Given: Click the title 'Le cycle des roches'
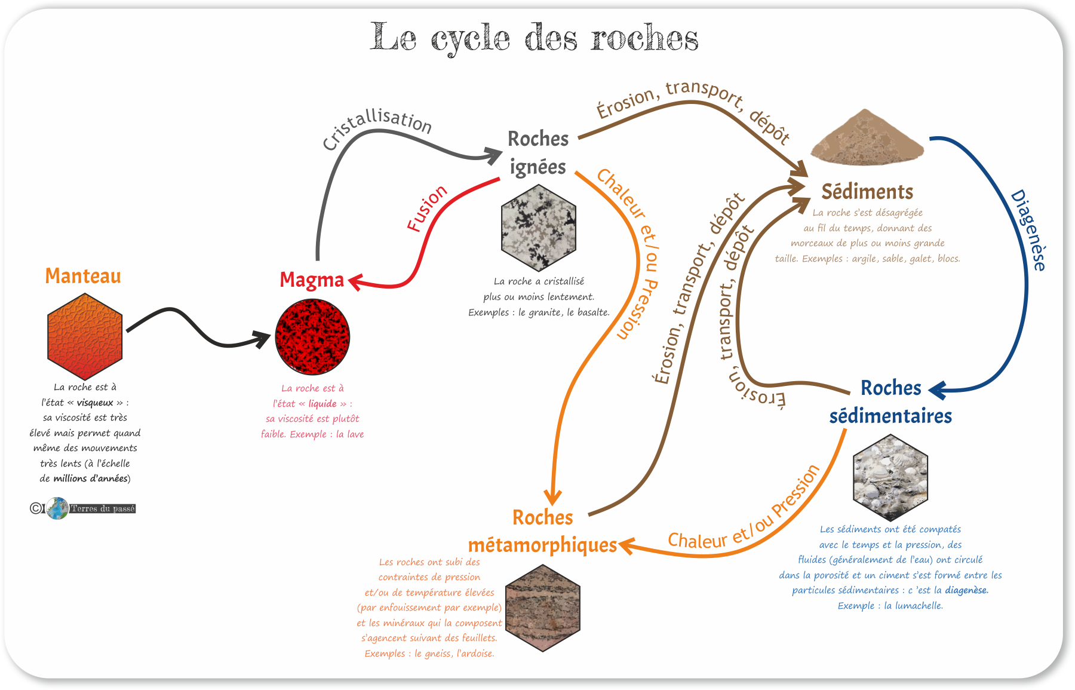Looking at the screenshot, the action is [x=534, y=38].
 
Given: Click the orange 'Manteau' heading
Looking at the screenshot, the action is [x=83, y=276].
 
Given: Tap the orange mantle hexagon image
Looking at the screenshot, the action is [x=85, y=336].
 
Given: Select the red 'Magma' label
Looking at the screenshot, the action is [x=312, y=280].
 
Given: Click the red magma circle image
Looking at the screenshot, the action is [x=312, y=337].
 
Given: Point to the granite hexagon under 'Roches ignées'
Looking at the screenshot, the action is [x=539, y=228].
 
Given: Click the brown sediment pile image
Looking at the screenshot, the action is [x=867, y=137].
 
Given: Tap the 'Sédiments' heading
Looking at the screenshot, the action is [x=867, y=192].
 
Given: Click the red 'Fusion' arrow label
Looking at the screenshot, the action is [x=426, y=208].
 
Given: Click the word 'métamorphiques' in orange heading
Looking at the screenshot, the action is [x=542, y=545].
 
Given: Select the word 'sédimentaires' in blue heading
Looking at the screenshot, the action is [x=890, y=416].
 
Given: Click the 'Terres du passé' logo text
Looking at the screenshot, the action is [x=103, y=508].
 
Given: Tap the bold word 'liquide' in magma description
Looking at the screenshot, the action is [x=322, y=404].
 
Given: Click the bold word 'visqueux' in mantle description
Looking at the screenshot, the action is [x=95, y=403].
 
